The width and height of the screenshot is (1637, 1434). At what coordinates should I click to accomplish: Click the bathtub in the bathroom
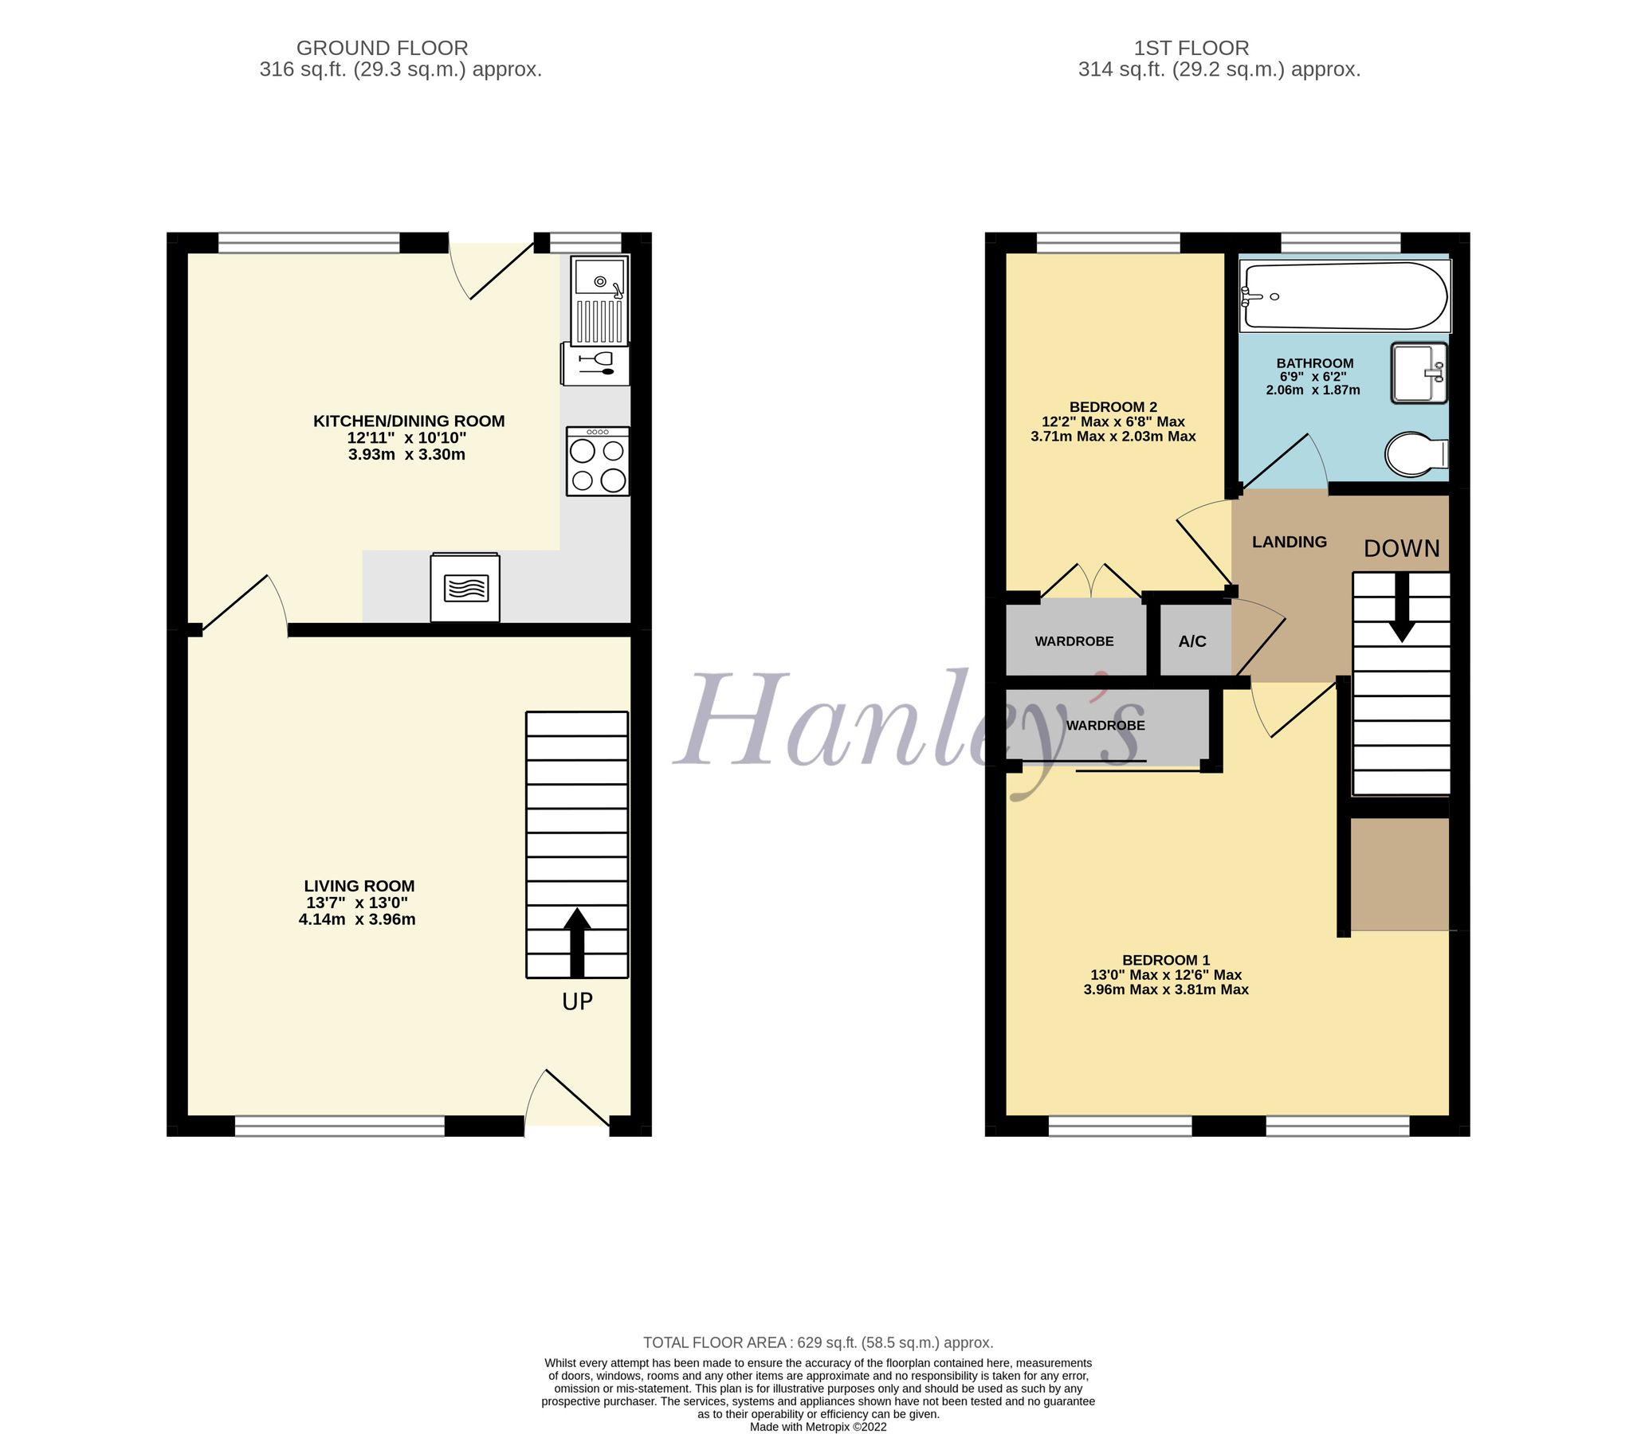1345,296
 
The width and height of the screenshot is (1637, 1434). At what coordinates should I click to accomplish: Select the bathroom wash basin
1419,373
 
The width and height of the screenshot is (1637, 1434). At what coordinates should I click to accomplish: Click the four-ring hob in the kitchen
597,462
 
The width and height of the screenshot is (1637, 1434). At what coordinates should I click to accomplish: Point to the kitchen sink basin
599,282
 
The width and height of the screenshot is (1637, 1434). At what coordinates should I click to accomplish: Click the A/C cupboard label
1192,642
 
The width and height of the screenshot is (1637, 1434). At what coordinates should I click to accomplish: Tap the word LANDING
1289,542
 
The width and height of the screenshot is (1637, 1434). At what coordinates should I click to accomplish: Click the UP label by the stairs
577,1001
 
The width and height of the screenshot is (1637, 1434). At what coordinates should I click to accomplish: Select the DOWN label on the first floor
1401,548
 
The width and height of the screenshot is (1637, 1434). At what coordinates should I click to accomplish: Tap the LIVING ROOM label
359,886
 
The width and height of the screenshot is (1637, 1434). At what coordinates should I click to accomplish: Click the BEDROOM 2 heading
1113,406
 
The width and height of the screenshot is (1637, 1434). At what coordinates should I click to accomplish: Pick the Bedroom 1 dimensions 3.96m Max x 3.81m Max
1165,989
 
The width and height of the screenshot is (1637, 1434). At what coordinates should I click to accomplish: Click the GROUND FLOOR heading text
382,48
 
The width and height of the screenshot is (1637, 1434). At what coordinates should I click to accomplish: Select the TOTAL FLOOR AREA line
818,1342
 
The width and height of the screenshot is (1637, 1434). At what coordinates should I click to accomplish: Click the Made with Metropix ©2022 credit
818,1427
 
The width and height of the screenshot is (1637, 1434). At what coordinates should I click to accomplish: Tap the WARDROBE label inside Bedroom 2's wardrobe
1074,641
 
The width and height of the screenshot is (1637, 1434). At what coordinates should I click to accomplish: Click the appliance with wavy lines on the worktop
465,588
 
